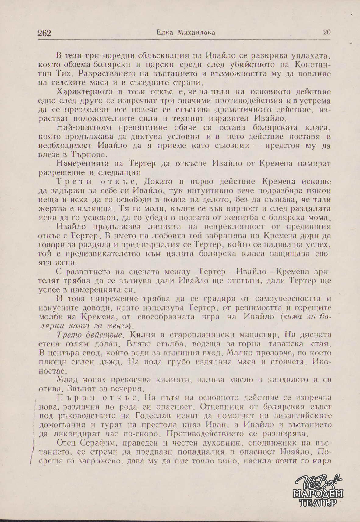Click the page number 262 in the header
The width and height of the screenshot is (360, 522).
coord(44,33)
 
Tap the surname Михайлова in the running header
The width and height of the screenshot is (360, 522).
coord(196,33)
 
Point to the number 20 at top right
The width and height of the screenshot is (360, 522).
coord(327,32)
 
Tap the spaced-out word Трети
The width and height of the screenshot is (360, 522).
coord(75,182)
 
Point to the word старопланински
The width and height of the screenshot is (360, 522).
coord(204,335)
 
